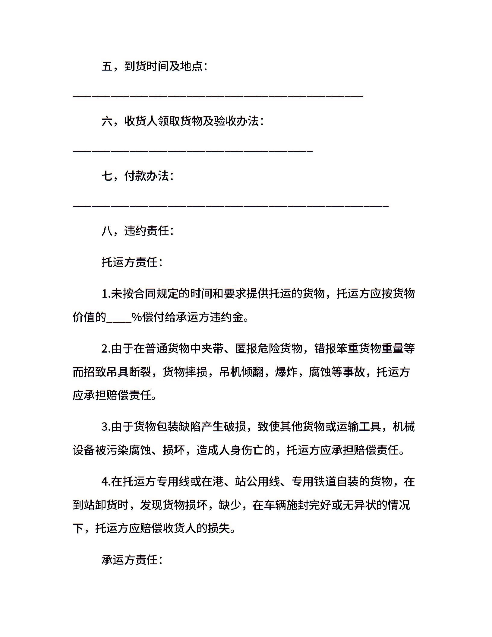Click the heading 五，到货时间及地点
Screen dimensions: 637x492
click(154, 66)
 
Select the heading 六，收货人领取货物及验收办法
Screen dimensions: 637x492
click(183, 121)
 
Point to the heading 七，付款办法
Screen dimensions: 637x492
click(137, 176)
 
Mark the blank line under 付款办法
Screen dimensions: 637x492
click(230, 206)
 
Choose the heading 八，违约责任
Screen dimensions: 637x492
click(137, 231)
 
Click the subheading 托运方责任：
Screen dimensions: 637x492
click(132, 262)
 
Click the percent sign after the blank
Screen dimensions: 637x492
click(137, 317)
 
